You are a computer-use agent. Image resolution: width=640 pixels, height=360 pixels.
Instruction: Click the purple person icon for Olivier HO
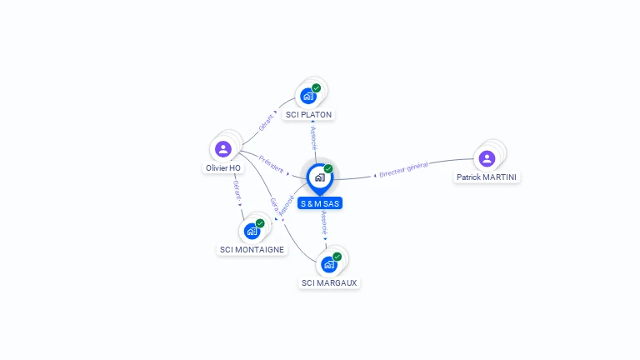[x=222, y=149]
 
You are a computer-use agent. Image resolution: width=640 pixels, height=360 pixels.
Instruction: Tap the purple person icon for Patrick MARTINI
[x=487, y=158]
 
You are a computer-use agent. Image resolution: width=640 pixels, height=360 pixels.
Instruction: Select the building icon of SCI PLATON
[x=308, y=96]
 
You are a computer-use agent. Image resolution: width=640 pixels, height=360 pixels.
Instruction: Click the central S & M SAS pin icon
[x=319, y=177]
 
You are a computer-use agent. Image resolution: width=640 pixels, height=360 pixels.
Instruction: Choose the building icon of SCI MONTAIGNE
[x=252, y=231]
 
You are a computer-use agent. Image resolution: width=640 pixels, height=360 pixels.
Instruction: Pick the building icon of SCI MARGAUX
[x=329, y=265]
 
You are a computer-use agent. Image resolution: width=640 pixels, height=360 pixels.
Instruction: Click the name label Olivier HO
[x=223, y=168]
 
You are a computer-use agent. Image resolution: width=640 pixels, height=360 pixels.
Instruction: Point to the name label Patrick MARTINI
[x=487, y=177]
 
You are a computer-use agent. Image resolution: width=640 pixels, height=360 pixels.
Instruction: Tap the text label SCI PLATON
[x=309, y=115]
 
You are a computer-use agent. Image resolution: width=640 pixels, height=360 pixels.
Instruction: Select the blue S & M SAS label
[x=320, y=203]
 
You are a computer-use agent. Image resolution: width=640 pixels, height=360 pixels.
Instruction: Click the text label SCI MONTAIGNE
[x=252, y=250]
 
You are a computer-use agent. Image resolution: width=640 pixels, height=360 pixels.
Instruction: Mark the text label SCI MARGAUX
[x=329, y=283]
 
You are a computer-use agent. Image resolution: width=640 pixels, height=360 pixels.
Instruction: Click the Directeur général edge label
[x=403, y=169]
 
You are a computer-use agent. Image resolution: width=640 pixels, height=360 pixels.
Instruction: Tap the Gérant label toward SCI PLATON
[x=266, y=122]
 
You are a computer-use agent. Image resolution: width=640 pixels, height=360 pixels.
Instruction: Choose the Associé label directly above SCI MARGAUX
[x=325, y=223]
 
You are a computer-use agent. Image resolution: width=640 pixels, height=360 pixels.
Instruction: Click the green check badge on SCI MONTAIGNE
[x=260, y=223]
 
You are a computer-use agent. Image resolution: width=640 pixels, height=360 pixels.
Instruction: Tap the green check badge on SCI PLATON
[x=317, y=87]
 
